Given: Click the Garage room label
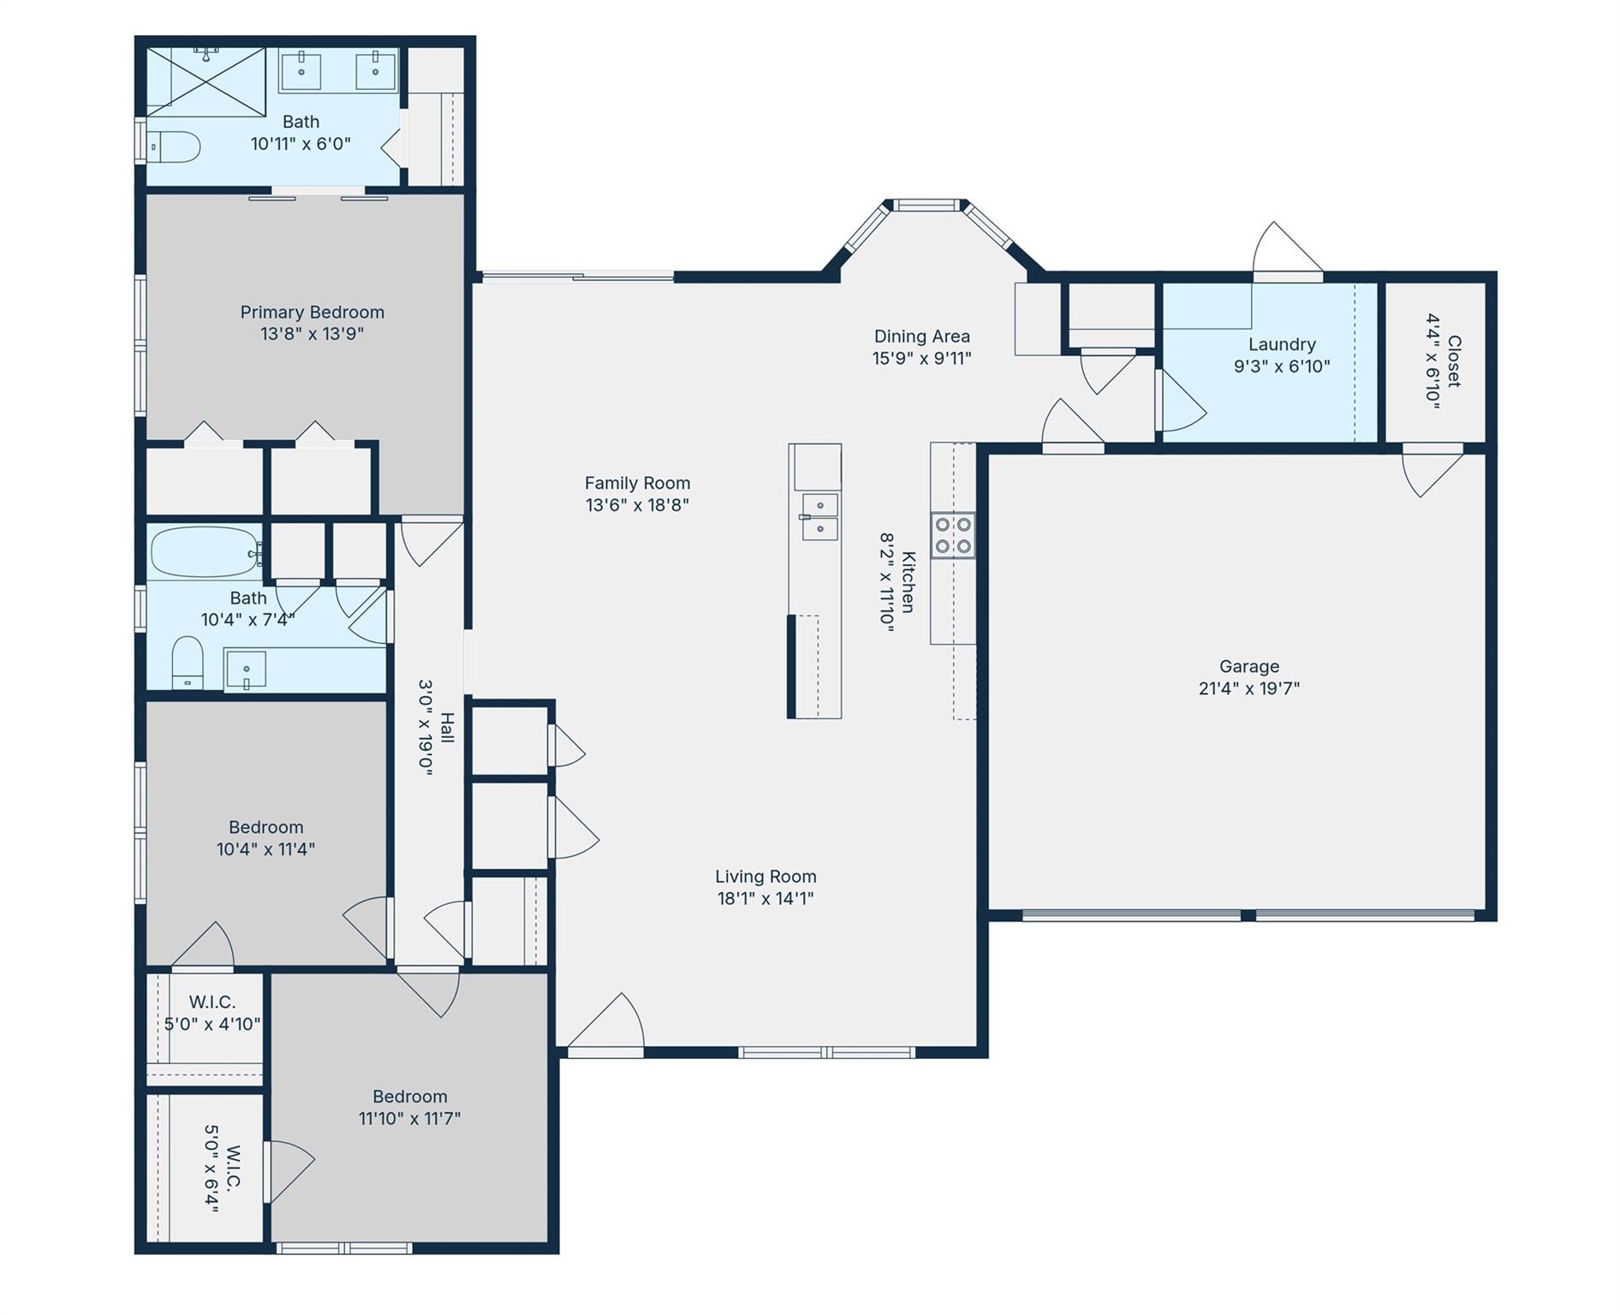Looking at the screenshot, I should point(1248,666).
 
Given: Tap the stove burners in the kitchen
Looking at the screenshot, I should point(952,535).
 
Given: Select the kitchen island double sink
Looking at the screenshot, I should point(819,517).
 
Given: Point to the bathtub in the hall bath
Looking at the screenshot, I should point(204,552).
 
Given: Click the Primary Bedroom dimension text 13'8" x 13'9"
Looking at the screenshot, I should point(312,334).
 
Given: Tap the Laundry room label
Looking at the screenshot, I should point(1281,344).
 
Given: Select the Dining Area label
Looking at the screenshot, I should point(921,336).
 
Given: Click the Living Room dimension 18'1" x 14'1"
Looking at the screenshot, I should point(765,898).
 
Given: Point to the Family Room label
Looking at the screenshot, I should point(637,483).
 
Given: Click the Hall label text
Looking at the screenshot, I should point(447,728).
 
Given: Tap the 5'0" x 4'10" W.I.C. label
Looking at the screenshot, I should point(212,1024).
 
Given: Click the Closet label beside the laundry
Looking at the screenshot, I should point(1453,361).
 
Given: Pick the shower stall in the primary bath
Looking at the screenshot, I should point(205,81).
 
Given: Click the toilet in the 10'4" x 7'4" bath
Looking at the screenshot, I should point(187,662).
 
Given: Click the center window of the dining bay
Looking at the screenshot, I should point(926,205).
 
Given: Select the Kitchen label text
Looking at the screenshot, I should point(908,582).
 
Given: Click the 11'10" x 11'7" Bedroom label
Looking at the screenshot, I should point(409,1097).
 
